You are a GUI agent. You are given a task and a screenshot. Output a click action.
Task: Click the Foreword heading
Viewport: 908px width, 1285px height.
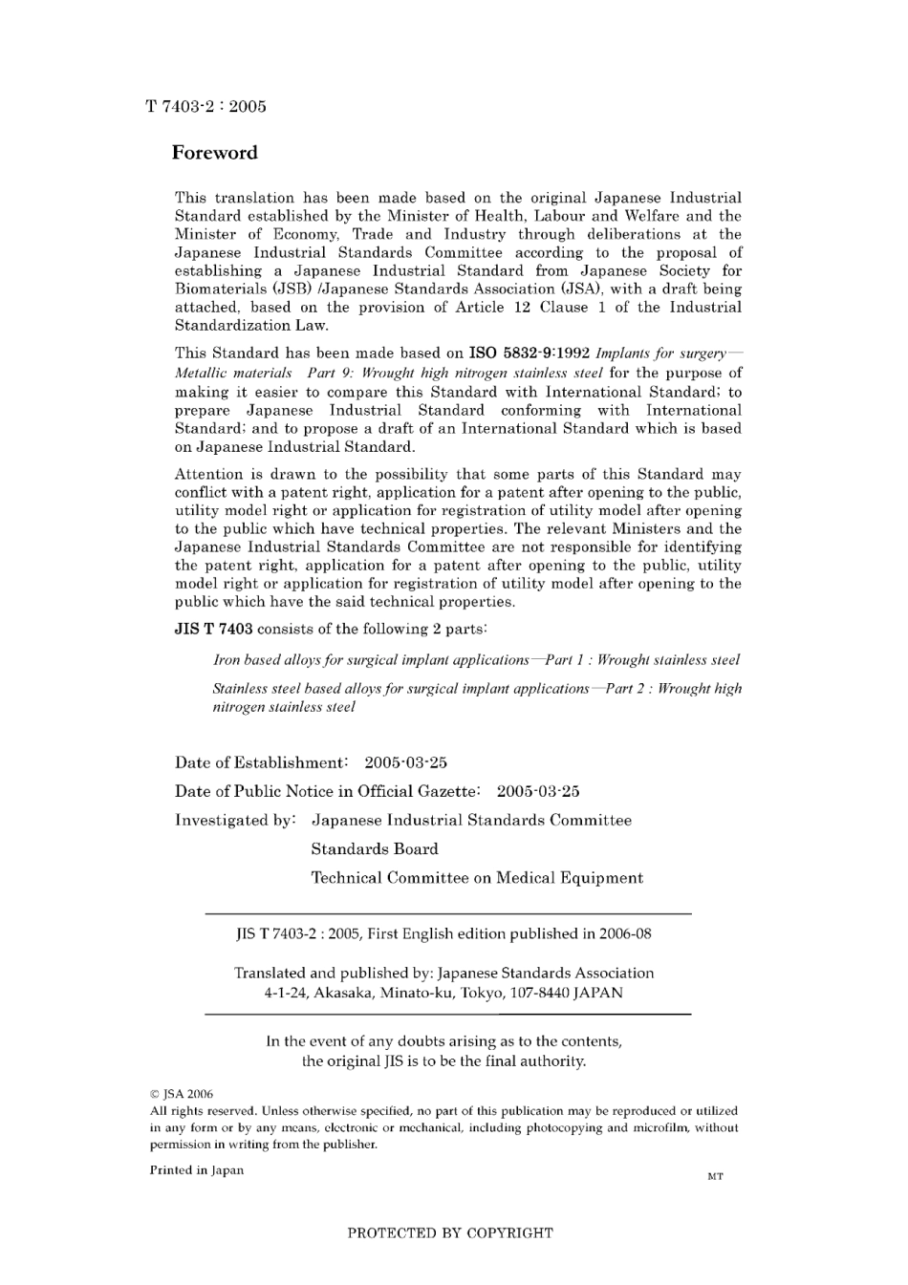pos(214,153)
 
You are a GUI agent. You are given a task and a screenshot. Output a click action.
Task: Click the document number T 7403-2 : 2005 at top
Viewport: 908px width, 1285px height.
pos(205,107)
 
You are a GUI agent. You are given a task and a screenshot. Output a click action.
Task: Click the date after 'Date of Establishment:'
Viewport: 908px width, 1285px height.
pos(405,762)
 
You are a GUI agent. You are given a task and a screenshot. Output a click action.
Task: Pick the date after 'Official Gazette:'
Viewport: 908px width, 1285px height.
pos(538,791)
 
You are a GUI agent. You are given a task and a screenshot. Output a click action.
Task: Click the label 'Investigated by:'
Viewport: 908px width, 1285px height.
pos(235,820)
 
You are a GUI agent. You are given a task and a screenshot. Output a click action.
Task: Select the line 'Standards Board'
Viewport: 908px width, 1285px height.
pos(374,848)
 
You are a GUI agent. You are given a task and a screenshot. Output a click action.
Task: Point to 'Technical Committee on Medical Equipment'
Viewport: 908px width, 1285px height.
pos(477,877)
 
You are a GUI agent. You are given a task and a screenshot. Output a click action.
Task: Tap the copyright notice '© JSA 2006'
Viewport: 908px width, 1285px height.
pos(182,1094)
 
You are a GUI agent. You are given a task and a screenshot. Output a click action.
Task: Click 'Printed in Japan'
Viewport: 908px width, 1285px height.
pos(196,1170)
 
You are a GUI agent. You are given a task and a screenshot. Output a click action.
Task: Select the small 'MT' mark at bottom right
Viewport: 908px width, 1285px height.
pos(715,1176)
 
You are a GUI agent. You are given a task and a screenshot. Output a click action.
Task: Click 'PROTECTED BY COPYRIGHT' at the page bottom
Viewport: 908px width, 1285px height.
pos(449,1232)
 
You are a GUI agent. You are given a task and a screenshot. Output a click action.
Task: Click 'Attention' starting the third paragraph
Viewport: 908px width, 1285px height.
pos(208,474)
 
